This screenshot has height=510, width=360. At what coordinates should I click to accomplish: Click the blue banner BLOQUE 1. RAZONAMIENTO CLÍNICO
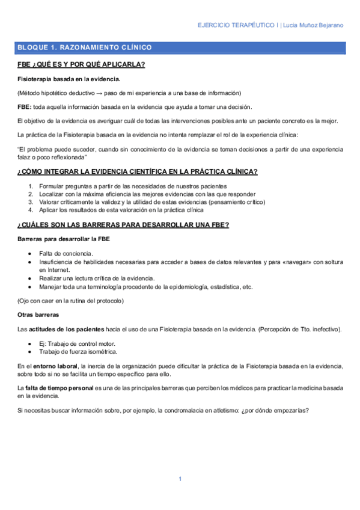85,47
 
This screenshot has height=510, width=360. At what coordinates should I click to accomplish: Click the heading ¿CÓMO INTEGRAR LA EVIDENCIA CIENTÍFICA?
138,172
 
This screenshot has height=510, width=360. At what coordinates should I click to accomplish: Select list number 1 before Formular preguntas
31,186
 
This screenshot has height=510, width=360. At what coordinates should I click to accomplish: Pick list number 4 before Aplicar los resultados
31,210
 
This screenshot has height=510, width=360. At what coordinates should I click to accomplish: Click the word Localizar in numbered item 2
52,194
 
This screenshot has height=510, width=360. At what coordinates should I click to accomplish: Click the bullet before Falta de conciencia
30,254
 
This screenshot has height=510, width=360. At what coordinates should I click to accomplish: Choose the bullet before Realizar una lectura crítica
30,278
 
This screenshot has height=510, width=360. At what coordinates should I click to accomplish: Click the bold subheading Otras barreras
37,315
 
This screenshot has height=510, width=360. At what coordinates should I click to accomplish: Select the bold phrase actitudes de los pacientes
64,329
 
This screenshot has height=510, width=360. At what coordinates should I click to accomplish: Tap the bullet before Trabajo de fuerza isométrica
30,351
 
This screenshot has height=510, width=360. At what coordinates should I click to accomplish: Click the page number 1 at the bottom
180,478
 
